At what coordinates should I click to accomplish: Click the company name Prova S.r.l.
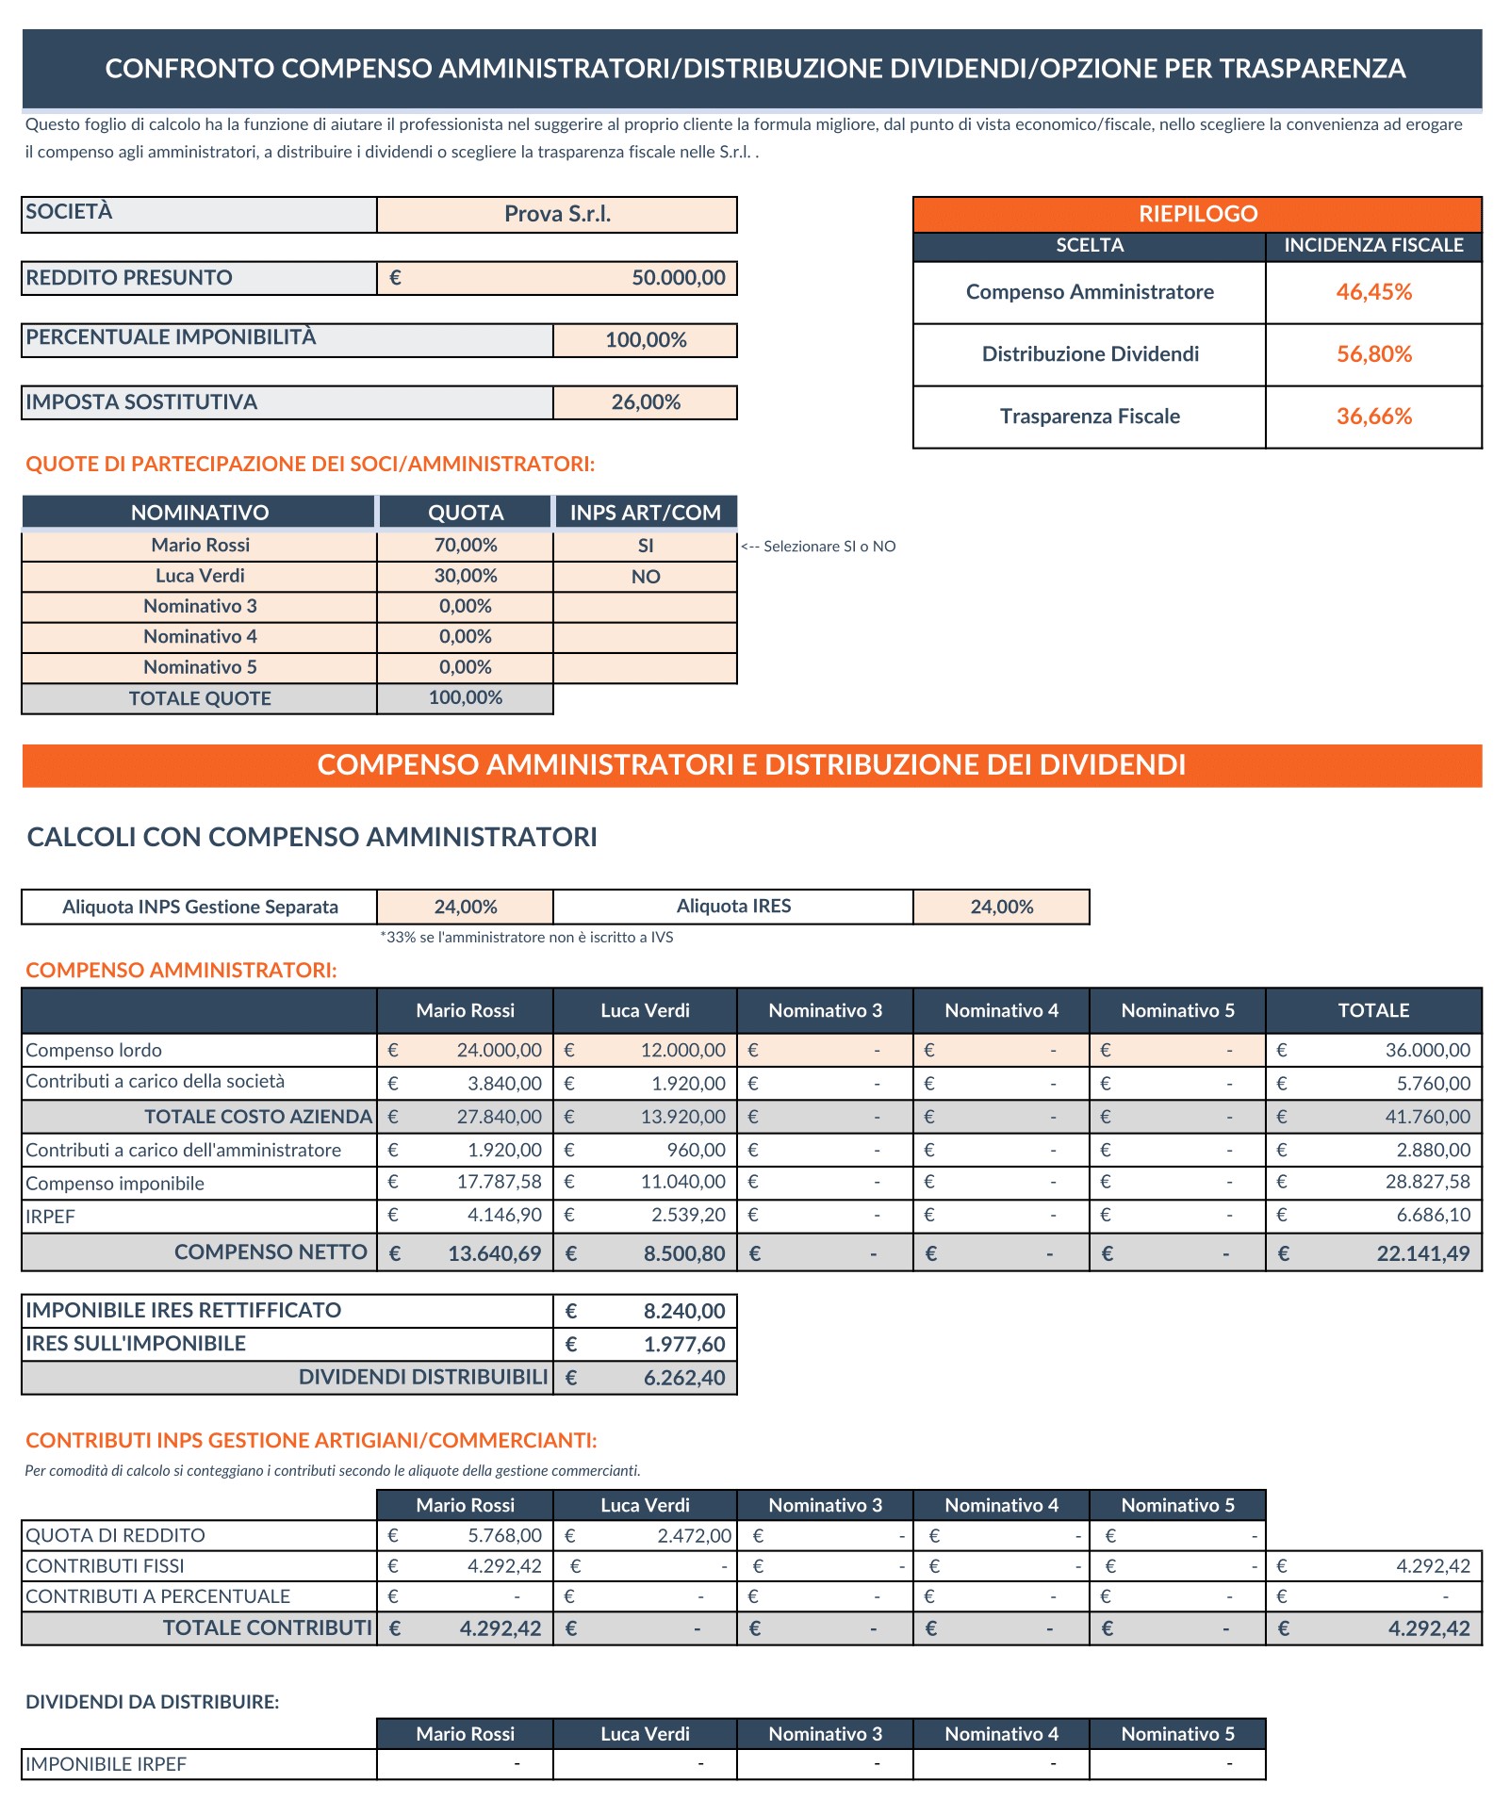click(557, 214)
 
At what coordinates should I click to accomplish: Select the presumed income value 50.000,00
click(678, 278)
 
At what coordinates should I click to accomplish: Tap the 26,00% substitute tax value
click(646, 402)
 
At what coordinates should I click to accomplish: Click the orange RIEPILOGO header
click(1197, 214)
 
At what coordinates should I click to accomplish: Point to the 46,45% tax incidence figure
click(1373, 292)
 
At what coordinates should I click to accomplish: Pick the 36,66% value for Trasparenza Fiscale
click(1373, 417)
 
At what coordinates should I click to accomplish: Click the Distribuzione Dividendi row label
click(1090, 354)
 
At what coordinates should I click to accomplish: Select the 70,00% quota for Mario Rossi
click(466, 546)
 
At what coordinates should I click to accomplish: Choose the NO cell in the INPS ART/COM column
click(646, 577)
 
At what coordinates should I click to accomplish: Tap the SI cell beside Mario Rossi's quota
click(646, 546)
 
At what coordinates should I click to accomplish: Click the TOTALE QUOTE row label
click(200, 698)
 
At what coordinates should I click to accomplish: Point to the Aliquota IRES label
click(733, 907)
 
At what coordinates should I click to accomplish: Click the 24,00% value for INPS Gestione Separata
click(466, 907)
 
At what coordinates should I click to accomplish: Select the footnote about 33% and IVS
click(527, 937)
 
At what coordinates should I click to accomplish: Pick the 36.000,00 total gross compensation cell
click(1427, 1050)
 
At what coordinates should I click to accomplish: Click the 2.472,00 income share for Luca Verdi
click(694, 1535)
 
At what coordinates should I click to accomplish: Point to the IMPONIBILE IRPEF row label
click(107, 1764)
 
